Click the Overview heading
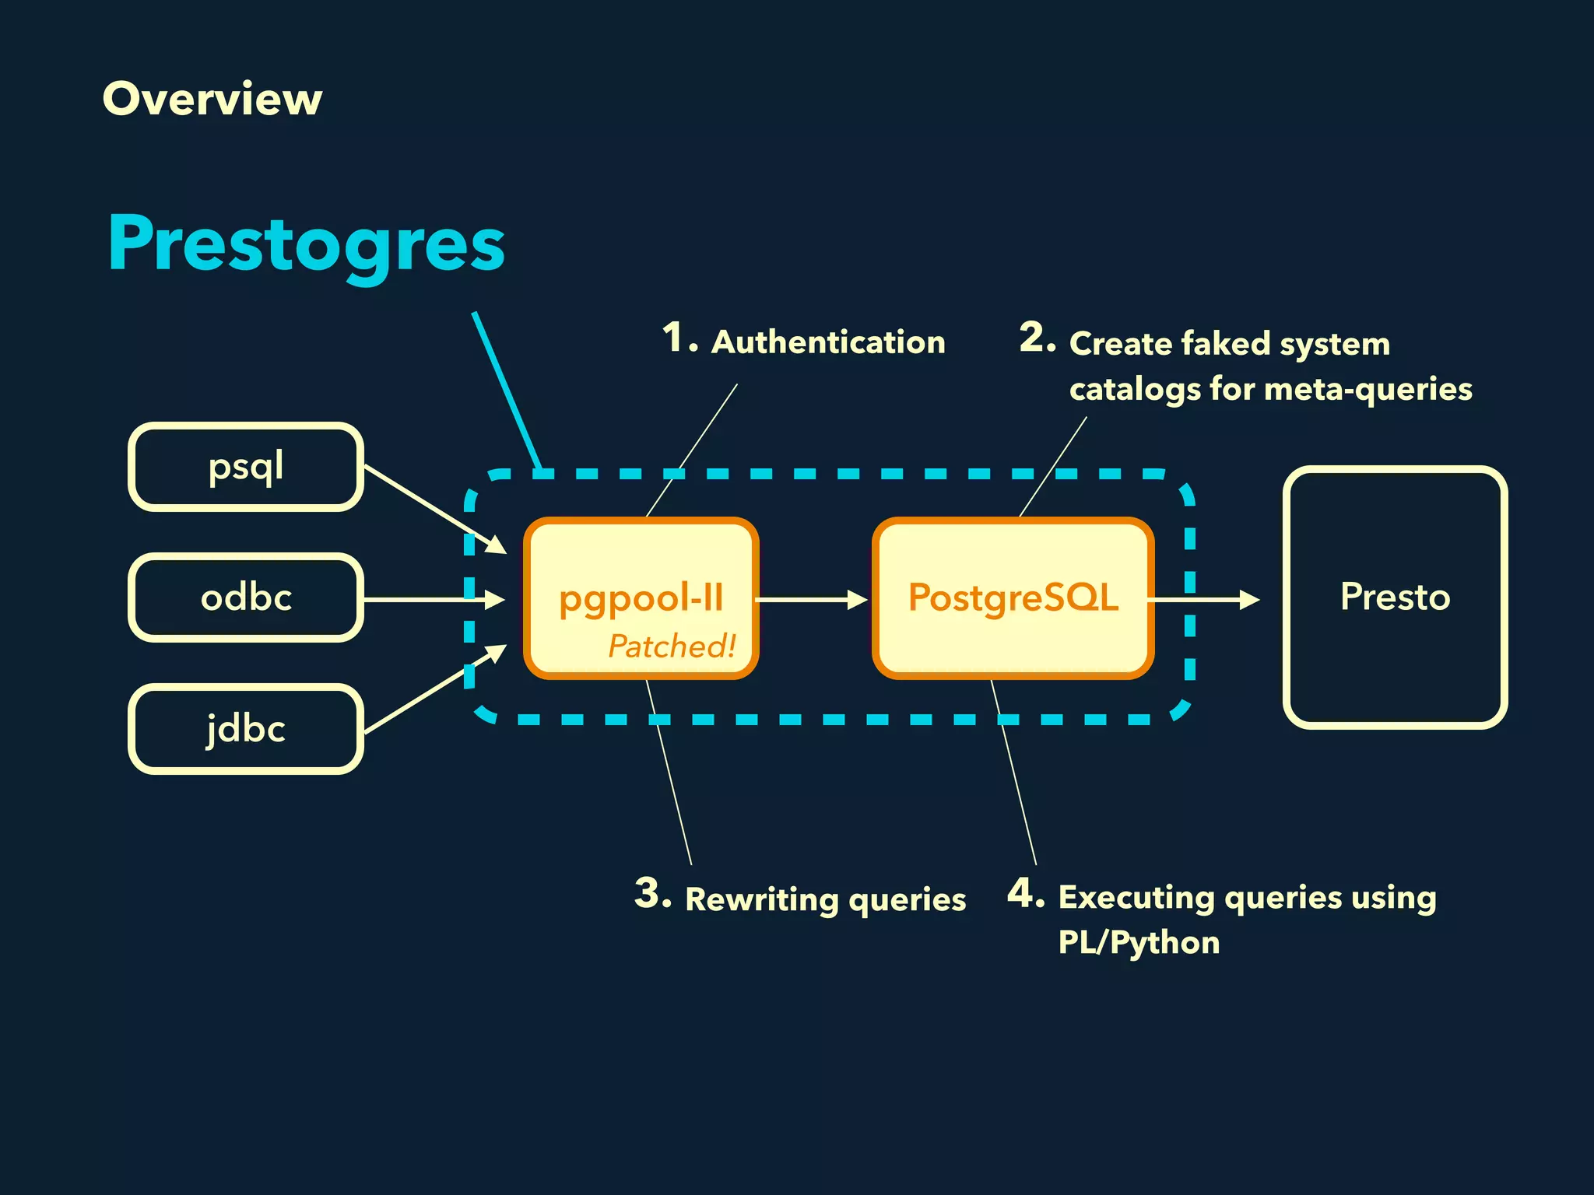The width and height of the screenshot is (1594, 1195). pos(212,99)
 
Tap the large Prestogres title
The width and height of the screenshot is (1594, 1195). pos(306,245)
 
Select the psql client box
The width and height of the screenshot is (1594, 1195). pos(245,467)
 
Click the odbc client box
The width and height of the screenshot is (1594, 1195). pos(245,597)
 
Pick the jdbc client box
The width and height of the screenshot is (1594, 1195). pos(245,729)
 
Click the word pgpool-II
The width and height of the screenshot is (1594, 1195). pos(641,597)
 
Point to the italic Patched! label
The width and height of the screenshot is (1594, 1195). pos(671,646)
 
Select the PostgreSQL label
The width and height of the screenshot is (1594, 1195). pos(1013,597)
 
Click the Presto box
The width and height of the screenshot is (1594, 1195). pos(1395,597)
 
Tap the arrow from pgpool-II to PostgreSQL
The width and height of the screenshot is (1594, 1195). pos(809,600)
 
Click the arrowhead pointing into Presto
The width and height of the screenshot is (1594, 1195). pos(1249,600)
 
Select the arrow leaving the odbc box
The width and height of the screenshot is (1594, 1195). pos(432,600)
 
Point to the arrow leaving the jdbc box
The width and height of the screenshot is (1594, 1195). pos(432,691)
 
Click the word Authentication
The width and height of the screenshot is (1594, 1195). pos(828,342)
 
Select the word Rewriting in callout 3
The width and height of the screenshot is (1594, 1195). pos(761,899)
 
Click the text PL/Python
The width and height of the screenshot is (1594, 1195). pos(1139,942)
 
